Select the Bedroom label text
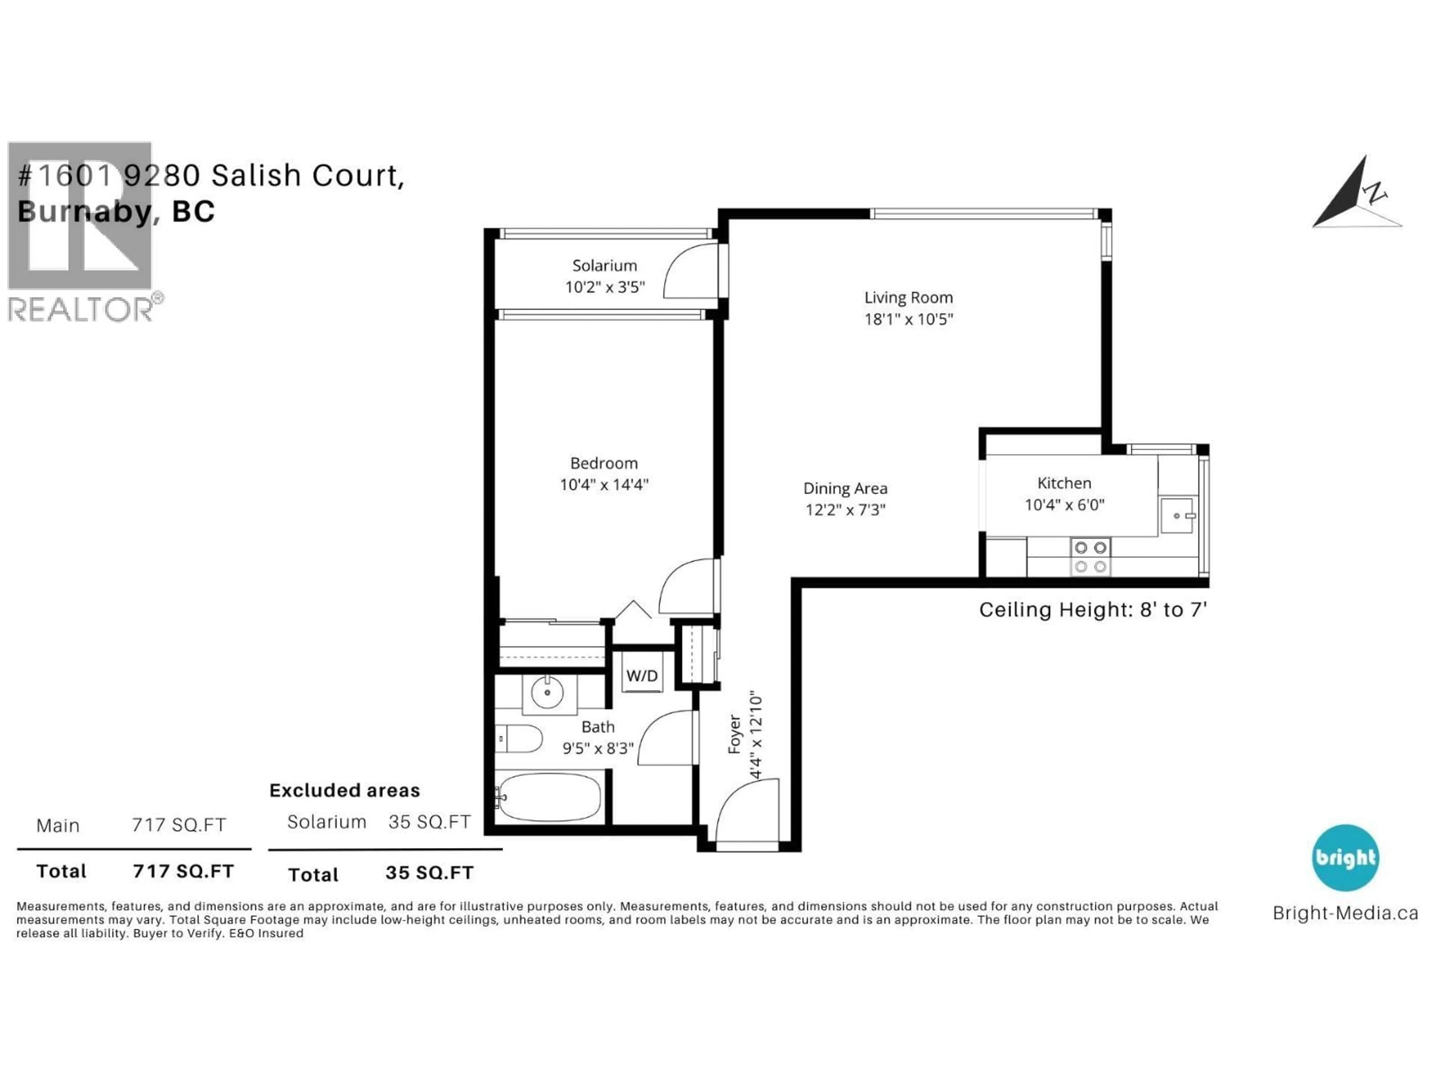point(603,463)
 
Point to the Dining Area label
point(845,488)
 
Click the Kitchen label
point(1064,483)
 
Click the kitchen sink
point(1177,515)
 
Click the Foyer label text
point(734,734)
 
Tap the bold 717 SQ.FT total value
point(183,871)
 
